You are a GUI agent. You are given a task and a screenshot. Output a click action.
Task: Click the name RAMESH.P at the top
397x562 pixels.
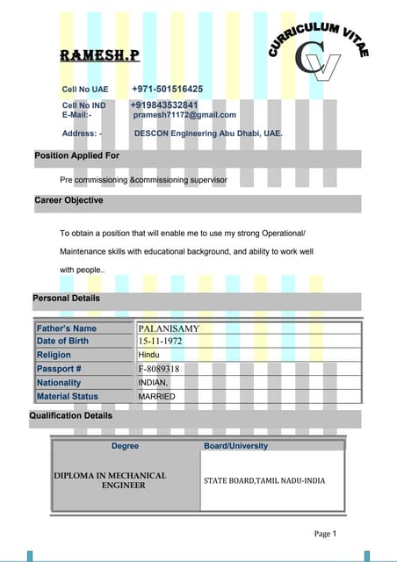[98, 56]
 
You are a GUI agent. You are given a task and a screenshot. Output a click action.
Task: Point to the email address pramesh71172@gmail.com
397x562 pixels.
[184, 115]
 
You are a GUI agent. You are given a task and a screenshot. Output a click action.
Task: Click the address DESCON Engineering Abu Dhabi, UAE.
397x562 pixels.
[208, 133]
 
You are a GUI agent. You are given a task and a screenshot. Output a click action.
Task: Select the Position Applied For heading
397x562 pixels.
[76, 155]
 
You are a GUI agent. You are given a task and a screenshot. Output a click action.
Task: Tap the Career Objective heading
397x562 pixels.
[69, 200]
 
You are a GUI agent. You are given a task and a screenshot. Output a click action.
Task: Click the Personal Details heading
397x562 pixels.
[66, 299]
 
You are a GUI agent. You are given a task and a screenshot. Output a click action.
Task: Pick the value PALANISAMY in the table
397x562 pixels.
[169, 328]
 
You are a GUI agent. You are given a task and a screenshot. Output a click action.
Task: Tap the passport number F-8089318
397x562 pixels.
[159, 370]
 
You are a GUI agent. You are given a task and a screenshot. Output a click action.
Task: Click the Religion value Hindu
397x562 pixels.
[149, 355]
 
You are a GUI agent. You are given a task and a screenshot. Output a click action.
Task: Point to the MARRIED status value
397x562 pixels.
[156, 397]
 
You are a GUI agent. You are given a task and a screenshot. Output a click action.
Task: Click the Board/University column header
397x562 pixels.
[235, 446]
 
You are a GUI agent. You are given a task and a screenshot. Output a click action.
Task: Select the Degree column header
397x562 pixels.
[125, 446]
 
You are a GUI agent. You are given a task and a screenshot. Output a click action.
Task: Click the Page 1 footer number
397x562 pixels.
[325, 533]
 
